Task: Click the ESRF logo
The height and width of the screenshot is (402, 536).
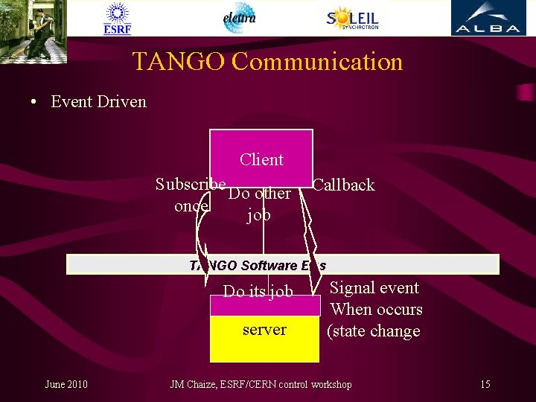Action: pos(117,19)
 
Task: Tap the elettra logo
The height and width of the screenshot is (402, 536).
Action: pos(239,18)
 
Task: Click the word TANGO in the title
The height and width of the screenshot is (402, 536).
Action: pos(179,61)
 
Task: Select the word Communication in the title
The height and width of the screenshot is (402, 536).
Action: pos(317,61)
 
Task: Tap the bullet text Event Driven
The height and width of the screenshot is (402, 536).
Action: pos(98,101)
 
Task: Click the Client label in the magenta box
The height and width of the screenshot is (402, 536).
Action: pos(261,159)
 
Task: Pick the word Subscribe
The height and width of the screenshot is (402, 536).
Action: pos(191,183)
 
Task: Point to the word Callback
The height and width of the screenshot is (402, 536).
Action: pos(344,185)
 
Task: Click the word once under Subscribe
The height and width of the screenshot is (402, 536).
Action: pos(191,205)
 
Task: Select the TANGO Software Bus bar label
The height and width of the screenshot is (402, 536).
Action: pos(258,265)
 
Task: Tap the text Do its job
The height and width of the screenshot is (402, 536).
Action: pos(258,291)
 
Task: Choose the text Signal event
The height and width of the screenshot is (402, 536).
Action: pos(374,287)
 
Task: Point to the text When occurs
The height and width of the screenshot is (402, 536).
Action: pos(376,309)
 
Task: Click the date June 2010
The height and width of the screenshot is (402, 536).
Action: pos(66,384)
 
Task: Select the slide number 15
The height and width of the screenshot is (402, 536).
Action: pos(485,384)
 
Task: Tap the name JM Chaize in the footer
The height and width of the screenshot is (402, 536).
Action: pos(193,384)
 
